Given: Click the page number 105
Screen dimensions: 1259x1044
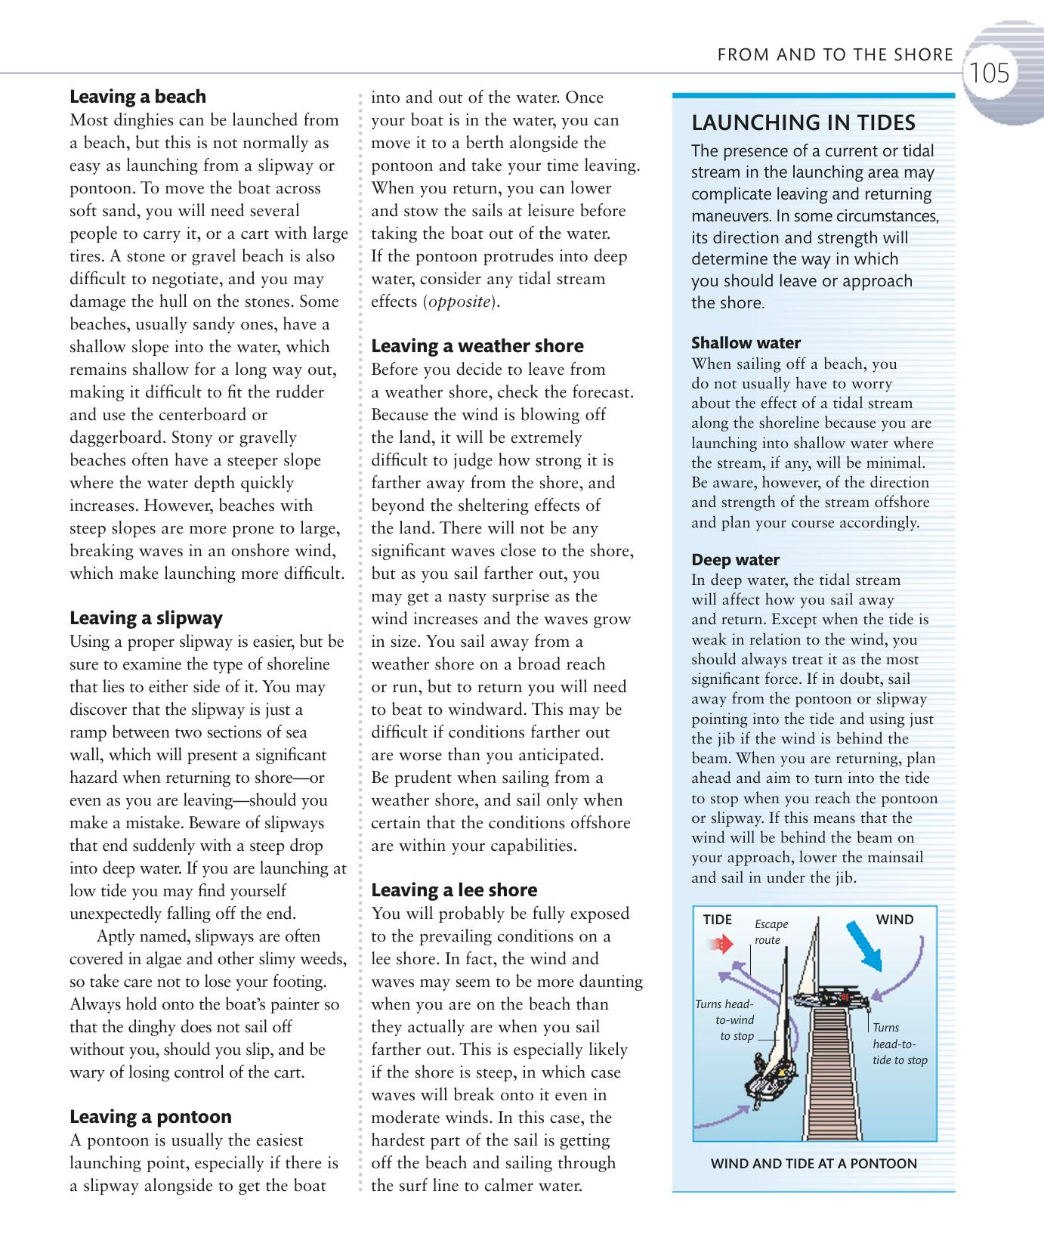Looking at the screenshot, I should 989,73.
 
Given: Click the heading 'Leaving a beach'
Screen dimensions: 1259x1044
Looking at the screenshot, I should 137,97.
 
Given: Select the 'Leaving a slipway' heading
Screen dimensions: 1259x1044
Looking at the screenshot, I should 146,618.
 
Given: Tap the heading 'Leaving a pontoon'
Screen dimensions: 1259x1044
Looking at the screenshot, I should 150,1117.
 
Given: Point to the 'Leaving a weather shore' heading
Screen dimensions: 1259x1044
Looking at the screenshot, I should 477,346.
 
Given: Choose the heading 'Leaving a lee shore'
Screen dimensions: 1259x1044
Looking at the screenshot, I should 454,890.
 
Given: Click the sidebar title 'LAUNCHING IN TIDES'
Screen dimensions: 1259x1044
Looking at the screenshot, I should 804,122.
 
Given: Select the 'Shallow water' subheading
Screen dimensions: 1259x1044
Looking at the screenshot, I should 746,343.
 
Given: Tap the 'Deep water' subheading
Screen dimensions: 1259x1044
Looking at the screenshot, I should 736,560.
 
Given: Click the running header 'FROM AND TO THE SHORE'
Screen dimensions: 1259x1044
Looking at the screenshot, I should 835,54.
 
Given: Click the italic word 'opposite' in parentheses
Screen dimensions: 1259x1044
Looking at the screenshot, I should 460,302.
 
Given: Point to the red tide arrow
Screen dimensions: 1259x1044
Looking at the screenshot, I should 722,944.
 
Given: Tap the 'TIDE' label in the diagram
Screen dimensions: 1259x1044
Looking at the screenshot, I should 717,920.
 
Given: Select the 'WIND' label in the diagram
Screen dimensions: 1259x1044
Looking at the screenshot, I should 894,920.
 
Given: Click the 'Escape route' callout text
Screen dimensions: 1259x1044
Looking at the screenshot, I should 771,932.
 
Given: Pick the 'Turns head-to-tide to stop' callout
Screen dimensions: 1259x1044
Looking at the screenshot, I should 899,1044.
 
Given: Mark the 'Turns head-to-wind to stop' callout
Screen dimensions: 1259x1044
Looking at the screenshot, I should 725,1020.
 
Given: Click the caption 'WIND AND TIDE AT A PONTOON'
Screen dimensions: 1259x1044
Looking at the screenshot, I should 814,1164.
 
